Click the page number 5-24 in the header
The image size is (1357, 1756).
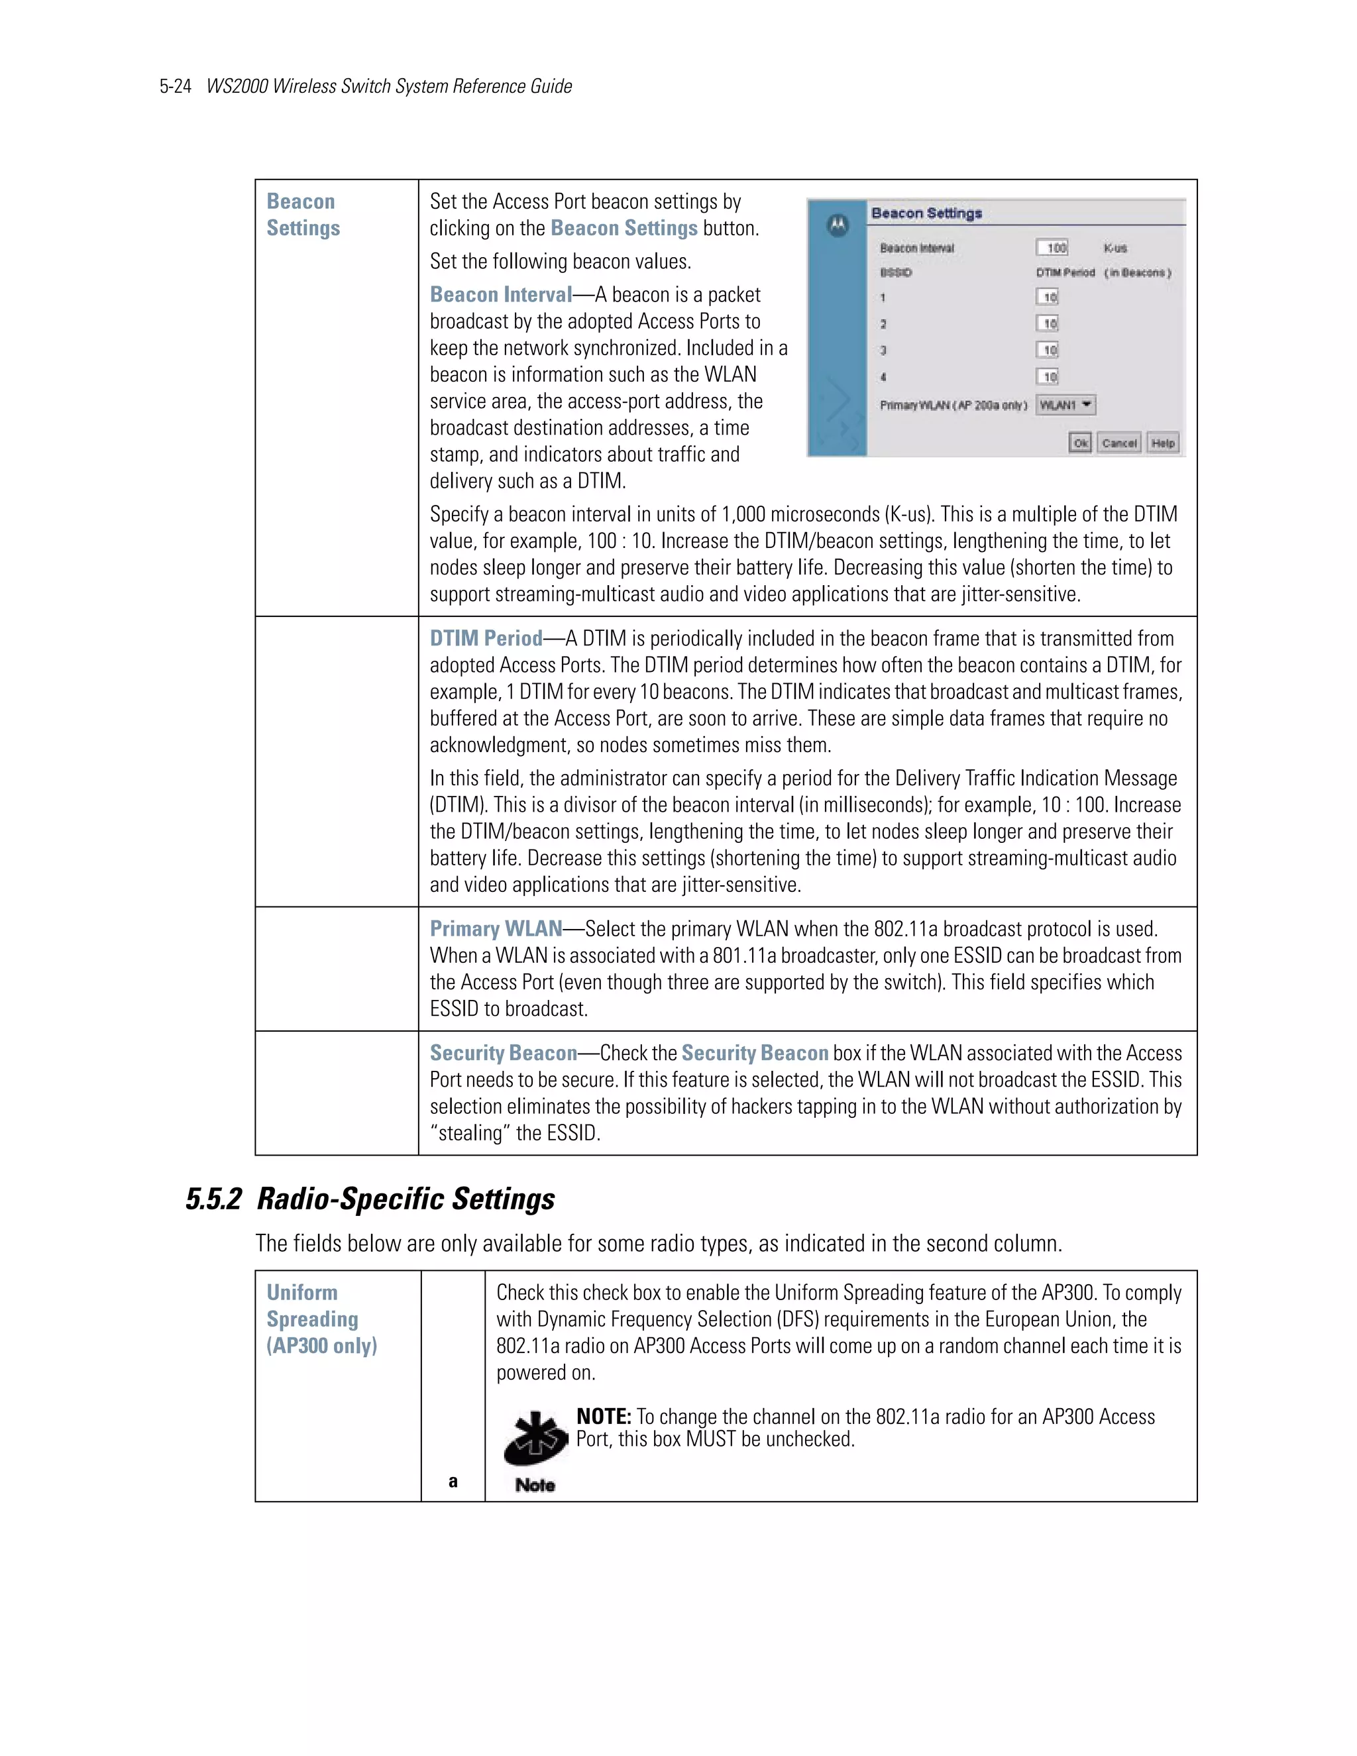[x=174, y=87]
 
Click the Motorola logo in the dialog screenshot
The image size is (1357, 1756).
[x=838, y=226]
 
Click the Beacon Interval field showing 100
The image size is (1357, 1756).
[x=1052, y=248]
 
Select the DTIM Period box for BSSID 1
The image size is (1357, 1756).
[x=1047, y=298]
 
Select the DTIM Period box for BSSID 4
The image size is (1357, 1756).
[x=1047, y=377]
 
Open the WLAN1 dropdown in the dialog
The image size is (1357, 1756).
[x=1066, y=406]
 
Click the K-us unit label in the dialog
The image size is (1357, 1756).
[x=1115, y=248]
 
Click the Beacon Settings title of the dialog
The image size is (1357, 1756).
[x=926, y=213]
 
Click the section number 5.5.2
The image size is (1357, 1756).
[x=213, y=1199]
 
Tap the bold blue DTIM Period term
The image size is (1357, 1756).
[x=486, y=638]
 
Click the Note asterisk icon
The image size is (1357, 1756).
[x=535, y=1439]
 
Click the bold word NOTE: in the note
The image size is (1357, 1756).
[x=604, y=1417]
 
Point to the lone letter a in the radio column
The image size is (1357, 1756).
[x=453, y=1481]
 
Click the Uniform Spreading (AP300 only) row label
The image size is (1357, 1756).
[x=321, y=1319]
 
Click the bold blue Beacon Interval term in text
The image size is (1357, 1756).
[x=500, y=295]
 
